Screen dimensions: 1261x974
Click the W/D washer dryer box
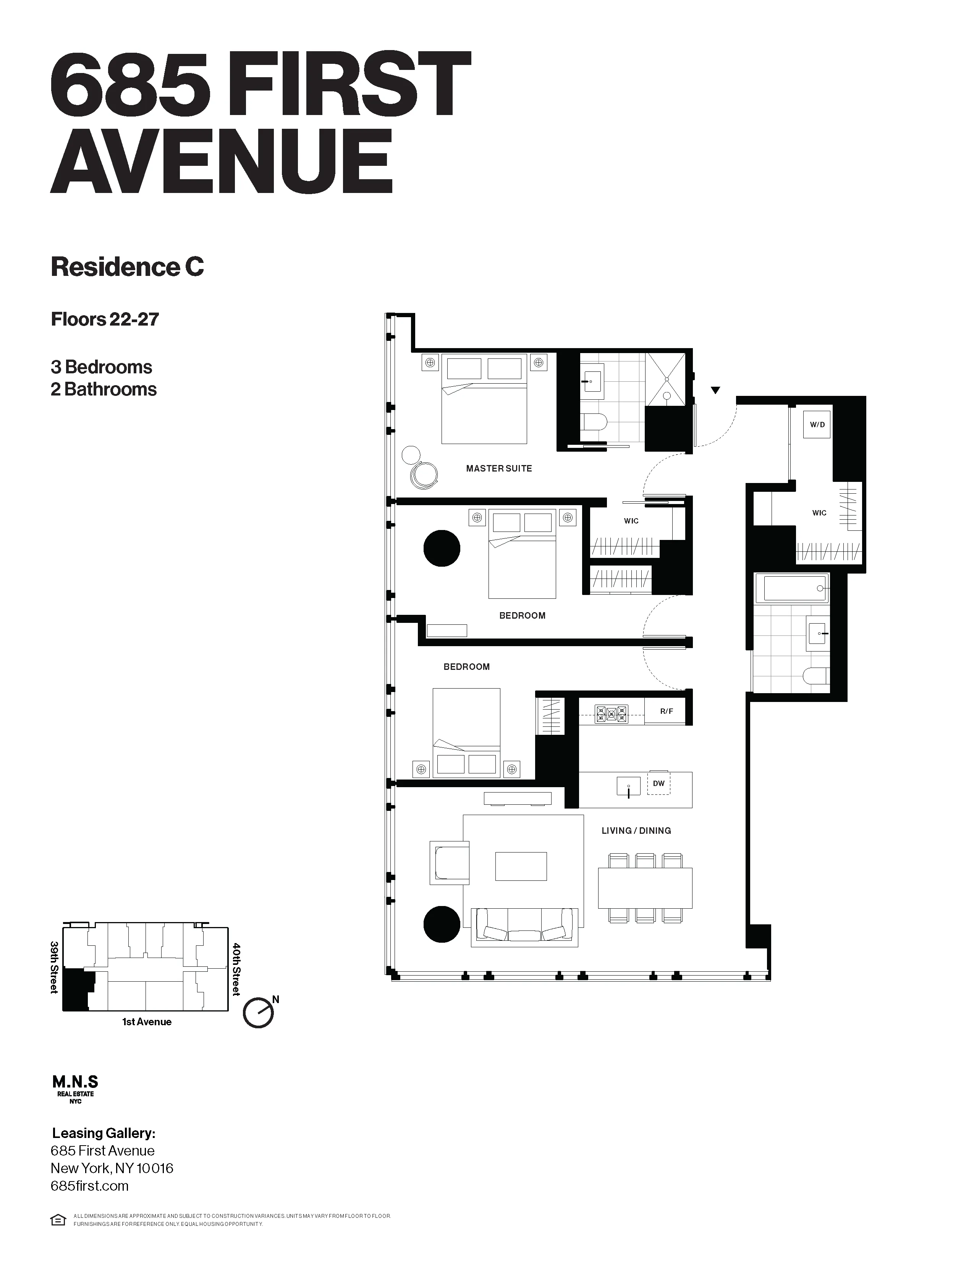pyautogui.click(x=817, y=425)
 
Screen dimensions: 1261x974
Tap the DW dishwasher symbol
pyautogui.click(x=659, y=783)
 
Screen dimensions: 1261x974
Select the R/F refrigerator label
pyautogui.click(x=667, y=712)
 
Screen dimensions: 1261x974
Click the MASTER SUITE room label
pyautogui.click(x=498, y=468)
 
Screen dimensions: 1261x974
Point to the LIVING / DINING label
pyautogui.click(x=636, y=830)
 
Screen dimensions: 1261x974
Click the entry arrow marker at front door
pyautogui.click(x=715, y=390)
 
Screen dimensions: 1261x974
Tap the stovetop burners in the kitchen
pyautogui.click(x=611, y=714)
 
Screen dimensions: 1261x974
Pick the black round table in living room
pyautogui.click(x=442, y=924)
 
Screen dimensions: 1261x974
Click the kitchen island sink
pyautogui.click(x=628, y=786)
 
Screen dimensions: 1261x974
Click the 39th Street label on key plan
pyautogui.click(x=54, y=968)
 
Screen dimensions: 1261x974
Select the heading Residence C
pyautogui.click(x=127, y=267)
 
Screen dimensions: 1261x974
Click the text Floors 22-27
pyautogui.click(x=104, y=319)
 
